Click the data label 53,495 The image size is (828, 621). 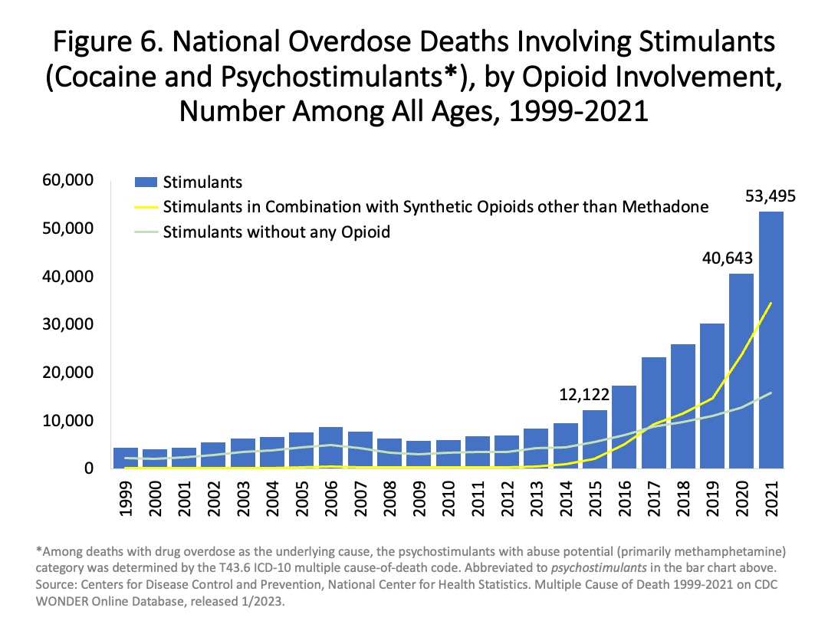(x=770, y=197)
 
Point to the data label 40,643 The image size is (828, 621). (x=727, y=259)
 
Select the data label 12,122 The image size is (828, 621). (x=584, y=396)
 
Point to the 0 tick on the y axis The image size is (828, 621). (x=88, y=468)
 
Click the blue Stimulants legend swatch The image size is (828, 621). (x=146, y=182)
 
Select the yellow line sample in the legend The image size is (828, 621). (x=146, y=207)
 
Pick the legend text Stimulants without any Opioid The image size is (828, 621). (x=277, y=232)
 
